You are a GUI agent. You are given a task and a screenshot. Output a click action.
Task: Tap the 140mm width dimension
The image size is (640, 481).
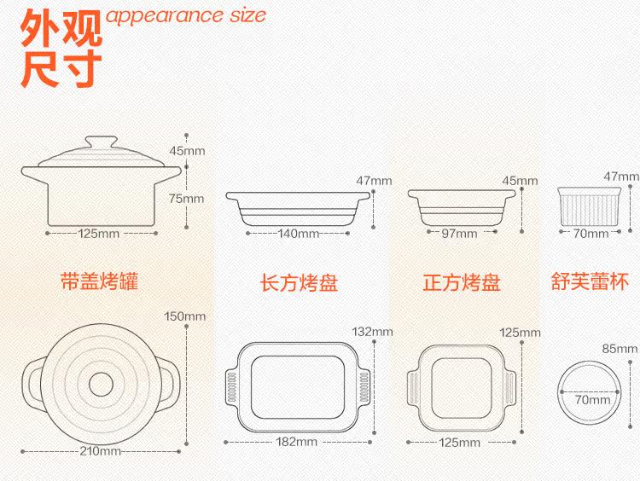[298, 233]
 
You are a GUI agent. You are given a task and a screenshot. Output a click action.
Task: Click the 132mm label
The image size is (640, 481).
[374, 331]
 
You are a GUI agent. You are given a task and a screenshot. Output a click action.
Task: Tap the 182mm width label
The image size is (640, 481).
[297, 442]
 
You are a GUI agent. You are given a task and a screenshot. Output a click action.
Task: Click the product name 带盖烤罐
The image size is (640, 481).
[99, 281]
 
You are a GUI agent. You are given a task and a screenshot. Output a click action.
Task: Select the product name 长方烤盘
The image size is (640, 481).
[299, 282]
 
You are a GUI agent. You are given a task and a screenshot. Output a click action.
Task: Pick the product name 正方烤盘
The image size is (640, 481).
[461, 282]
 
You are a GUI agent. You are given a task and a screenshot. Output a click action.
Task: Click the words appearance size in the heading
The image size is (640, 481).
[186, 15]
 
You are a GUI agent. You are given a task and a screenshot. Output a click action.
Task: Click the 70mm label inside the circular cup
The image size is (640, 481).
[591, 399]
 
